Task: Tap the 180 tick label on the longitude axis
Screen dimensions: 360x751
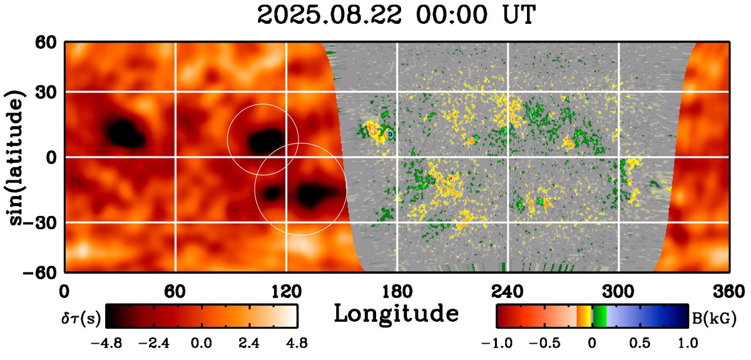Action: pyautogui.click(x=396, y=291)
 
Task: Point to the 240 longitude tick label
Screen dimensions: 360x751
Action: pyautogui.click(x=507, y=291)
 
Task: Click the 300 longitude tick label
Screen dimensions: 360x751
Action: pyautogui.click(x=618, y=291)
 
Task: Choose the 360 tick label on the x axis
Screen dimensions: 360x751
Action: pyautogui.click(x=728, y=291)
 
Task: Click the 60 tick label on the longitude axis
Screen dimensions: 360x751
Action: pyautogui.click(x=175, y=291)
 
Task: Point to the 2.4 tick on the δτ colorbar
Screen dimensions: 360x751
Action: pyautogui.click(x=248, y=343)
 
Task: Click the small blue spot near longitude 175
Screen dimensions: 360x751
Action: pyautogui.click(x=390, y=133)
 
